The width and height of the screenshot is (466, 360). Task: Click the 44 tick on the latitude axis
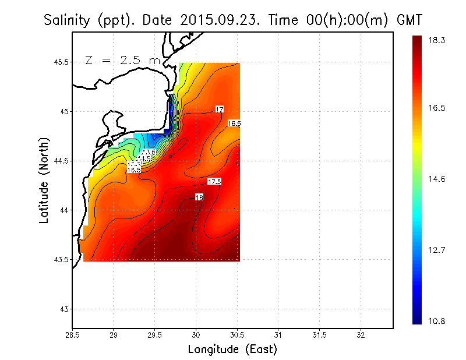point(63,210)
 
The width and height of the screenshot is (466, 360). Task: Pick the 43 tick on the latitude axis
point(63,309)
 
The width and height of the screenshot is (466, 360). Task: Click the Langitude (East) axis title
point(232,350)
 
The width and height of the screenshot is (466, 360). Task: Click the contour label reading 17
point(220,109)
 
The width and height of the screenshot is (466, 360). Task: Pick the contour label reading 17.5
point(214,182)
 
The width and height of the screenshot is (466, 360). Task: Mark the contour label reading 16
point(199,197)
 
